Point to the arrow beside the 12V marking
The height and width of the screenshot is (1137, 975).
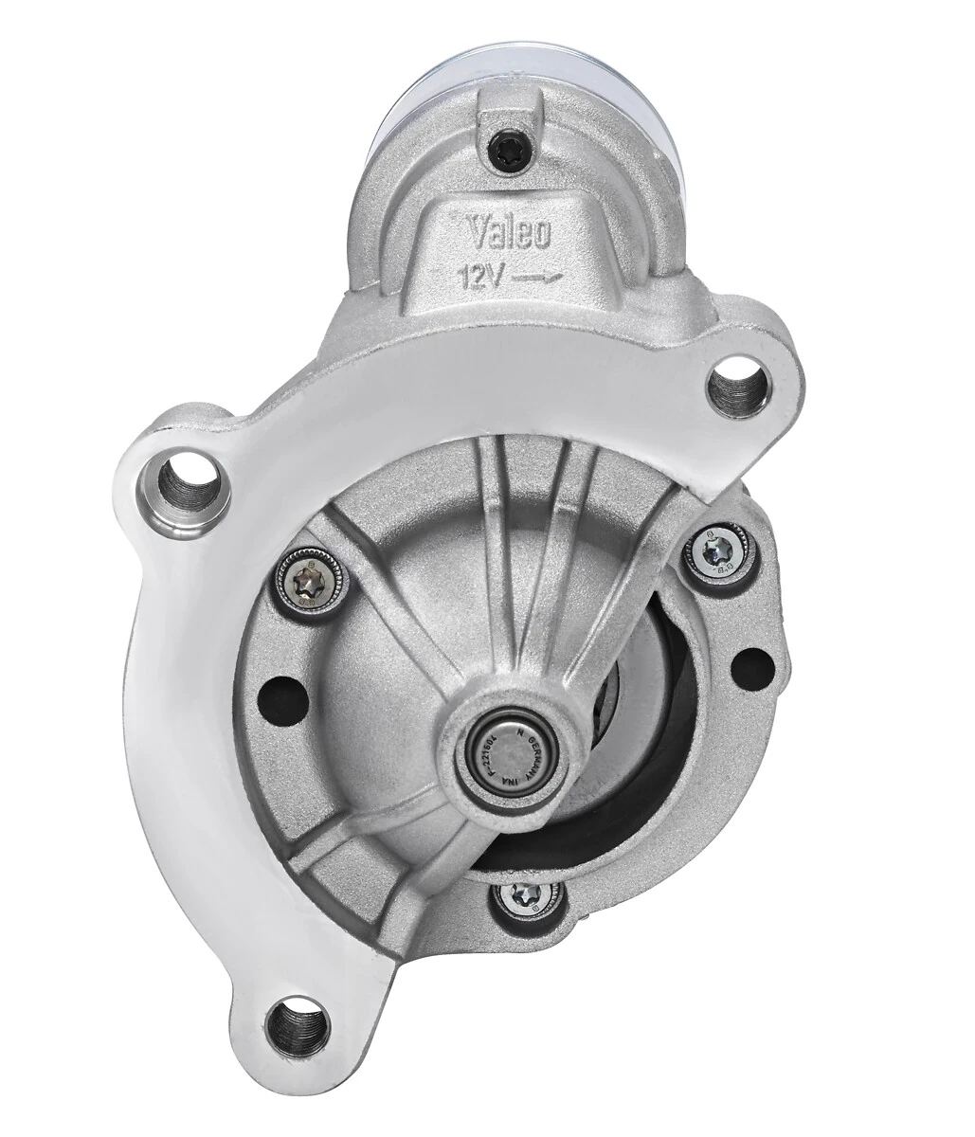[x=539, y=277]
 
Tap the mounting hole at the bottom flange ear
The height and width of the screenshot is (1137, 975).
[x=297, y=1027]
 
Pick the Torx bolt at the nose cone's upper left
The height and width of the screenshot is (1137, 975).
[x=308, y=581]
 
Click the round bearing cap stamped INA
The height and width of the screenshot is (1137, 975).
[x=512, y=745]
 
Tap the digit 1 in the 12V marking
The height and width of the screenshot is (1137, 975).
[x=466, y=278]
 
